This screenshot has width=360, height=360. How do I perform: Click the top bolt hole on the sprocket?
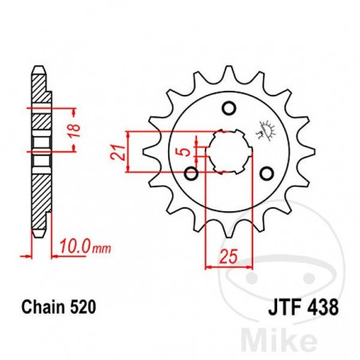pyautogui.click(x=229, y=108)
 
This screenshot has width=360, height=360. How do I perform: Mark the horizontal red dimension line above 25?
pyautogui.click(x=229, y=267)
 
